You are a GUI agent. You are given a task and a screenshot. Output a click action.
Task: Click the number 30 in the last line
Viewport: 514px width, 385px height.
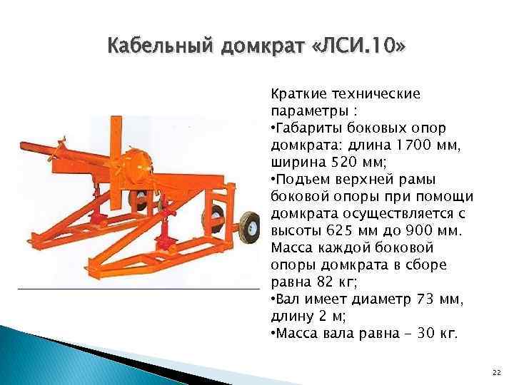pyautogui.click(x=426, y=334)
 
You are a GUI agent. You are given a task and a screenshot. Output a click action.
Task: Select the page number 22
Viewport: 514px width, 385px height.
pyautogui.click(x=495, y=373)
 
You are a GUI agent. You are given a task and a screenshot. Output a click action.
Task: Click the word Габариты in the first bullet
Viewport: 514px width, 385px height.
pyautogui.click(x=309, y=128)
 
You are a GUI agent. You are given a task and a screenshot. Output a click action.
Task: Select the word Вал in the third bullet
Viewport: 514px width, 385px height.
pyautogui.click(x=287, y=299)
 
